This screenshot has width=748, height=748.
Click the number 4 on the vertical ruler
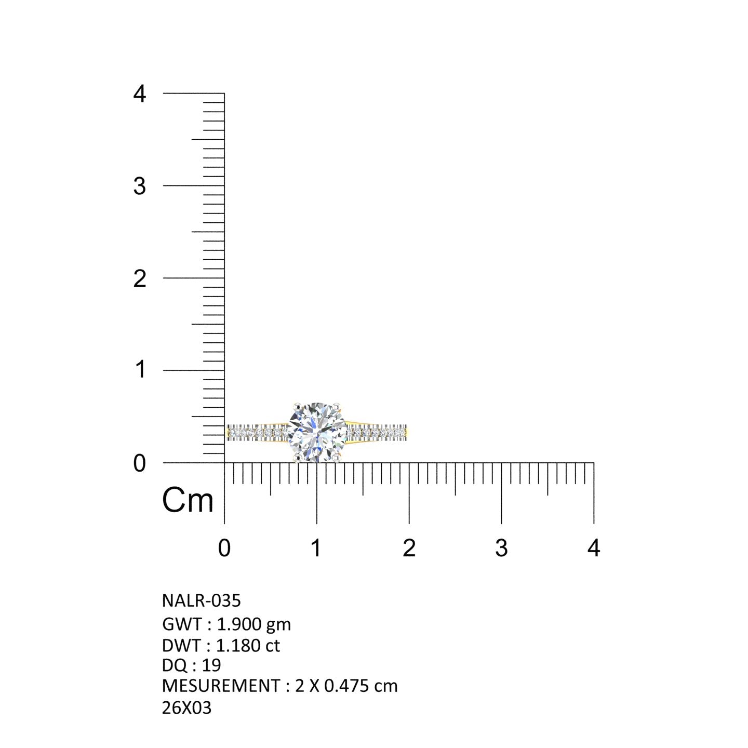pos(139,94)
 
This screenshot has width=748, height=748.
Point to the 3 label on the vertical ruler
pos(139,186)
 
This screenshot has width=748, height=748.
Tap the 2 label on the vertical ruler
pos(139,279)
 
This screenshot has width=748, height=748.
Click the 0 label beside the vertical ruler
pos(139,463)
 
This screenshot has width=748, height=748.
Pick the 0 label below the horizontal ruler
pos(224,548)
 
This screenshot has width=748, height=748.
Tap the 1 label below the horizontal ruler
pos(316,548)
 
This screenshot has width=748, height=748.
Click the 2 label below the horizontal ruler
pos(409,548)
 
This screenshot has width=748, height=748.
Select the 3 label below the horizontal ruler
pos(501,548)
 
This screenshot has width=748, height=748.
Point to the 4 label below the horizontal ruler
pos(594,548)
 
